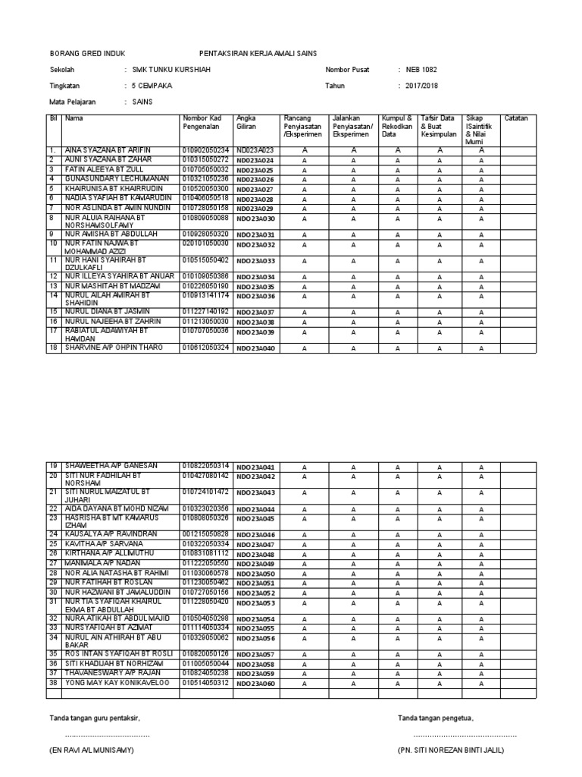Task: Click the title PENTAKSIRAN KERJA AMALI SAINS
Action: [258, 53]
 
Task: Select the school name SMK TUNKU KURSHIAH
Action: [172, 70]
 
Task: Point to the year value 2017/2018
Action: [422, 86]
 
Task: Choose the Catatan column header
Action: [516, 118]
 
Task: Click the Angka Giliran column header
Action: [247, 122]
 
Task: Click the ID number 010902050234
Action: [205, 150]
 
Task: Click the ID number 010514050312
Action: [205, 683]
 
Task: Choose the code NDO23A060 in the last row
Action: [255, 684]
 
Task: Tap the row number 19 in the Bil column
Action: [54, 465]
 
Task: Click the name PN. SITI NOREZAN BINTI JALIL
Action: [450, 750]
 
